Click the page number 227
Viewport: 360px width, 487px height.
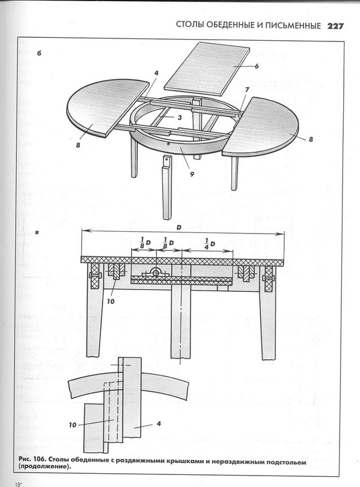pyautogui.click(x=335, y=26)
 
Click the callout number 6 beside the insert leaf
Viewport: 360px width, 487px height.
pyautogui.click(x=257, y=66)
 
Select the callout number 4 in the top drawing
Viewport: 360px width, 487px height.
pyautogui.click(x=156, y=73)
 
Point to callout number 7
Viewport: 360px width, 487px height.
pyautogui.click(x=247, y=90)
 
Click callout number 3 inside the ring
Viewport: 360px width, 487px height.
pyautogui.click(x=179, y=118)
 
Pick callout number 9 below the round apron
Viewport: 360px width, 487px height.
pyautogui.click(x=192, y=174)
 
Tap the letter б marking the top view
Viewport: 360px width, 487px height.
pyautogui.click(x=39, y=53)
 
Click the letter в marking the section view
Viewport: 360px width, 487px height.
pyautogui.click(x=37, y=232)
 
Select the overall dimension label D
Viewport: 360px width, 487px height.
pyautogui.click(x=178, y=228)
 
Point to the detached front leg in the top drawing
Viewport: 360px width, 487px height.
pyautogui.click(x=167, y=187)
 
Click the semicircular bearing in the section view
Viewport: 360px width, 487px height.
pyautogui.click(x=156, y=273)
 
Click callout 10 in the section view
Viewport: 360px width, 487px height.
pyautogui.click(x=111, y=301)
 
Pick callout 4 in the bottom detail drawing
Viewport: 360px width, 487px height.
pyautogui.click(x=159, y=423)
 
